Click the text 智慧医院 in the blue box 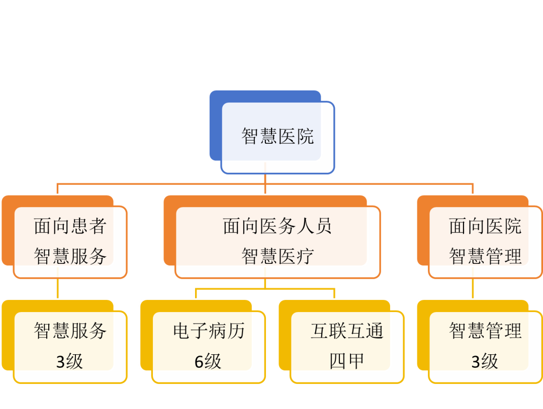(x=278, y=136)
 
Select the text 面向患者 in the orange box (x=70, y=227)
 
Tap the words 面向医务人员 (x=278, y=227)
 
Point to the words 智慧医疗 (x=278, y=256)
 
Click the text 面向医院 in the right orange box (x=485, y=227)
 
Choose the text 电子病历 (x=208, y=331)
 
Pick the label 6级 (x=208, y=361)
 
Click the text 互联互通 (x=347, y=331)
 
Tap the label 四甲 (x=347, y=361)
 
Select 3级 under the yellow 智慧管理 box (x=485, y=361)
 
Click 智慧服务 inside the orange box (x=70, y=256)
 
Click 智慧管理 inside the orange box (x=485, y=256)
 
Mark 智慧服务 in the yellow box (x=70, y=331)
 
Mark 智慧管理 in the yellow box (x=485, y=331)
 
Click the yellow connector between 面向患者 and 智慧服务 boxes (x=58, y=288)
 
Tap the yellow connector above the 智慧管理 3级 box (x=473, y=288)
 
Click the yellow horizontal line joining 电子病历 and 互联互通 (x=265, y=289)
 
